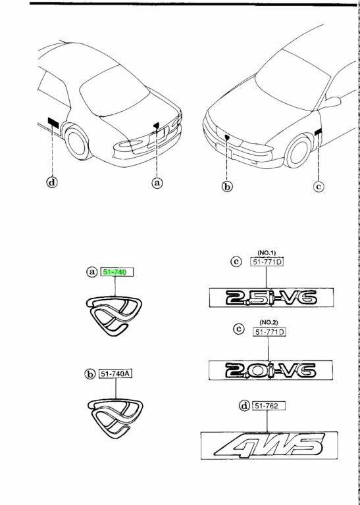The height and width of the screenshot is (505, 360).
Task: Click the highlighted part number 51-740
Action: pyautogui.click(x=118, y=272)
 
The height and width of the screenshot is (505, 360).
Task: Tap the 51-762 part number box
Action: pyautogui.click(x=269, y=406)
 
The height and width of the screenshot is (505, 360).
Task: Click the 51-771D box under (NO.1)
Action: pyautogui.click(x=267, y=262)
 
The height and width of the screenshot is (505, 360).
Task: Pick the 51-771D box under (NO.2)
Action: pyautogui.click(x=269, y=331)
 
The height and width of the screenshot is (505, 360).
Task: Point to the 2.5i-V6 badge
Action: pyautogui.click(x=271, y=298)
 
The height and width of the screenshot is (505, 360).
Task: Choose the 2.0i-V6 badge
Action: pyautogui.click(x=270, y=370)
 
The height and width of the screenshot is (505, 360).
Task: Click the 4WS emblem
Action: pyautogui.click(x=269, y=445)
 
